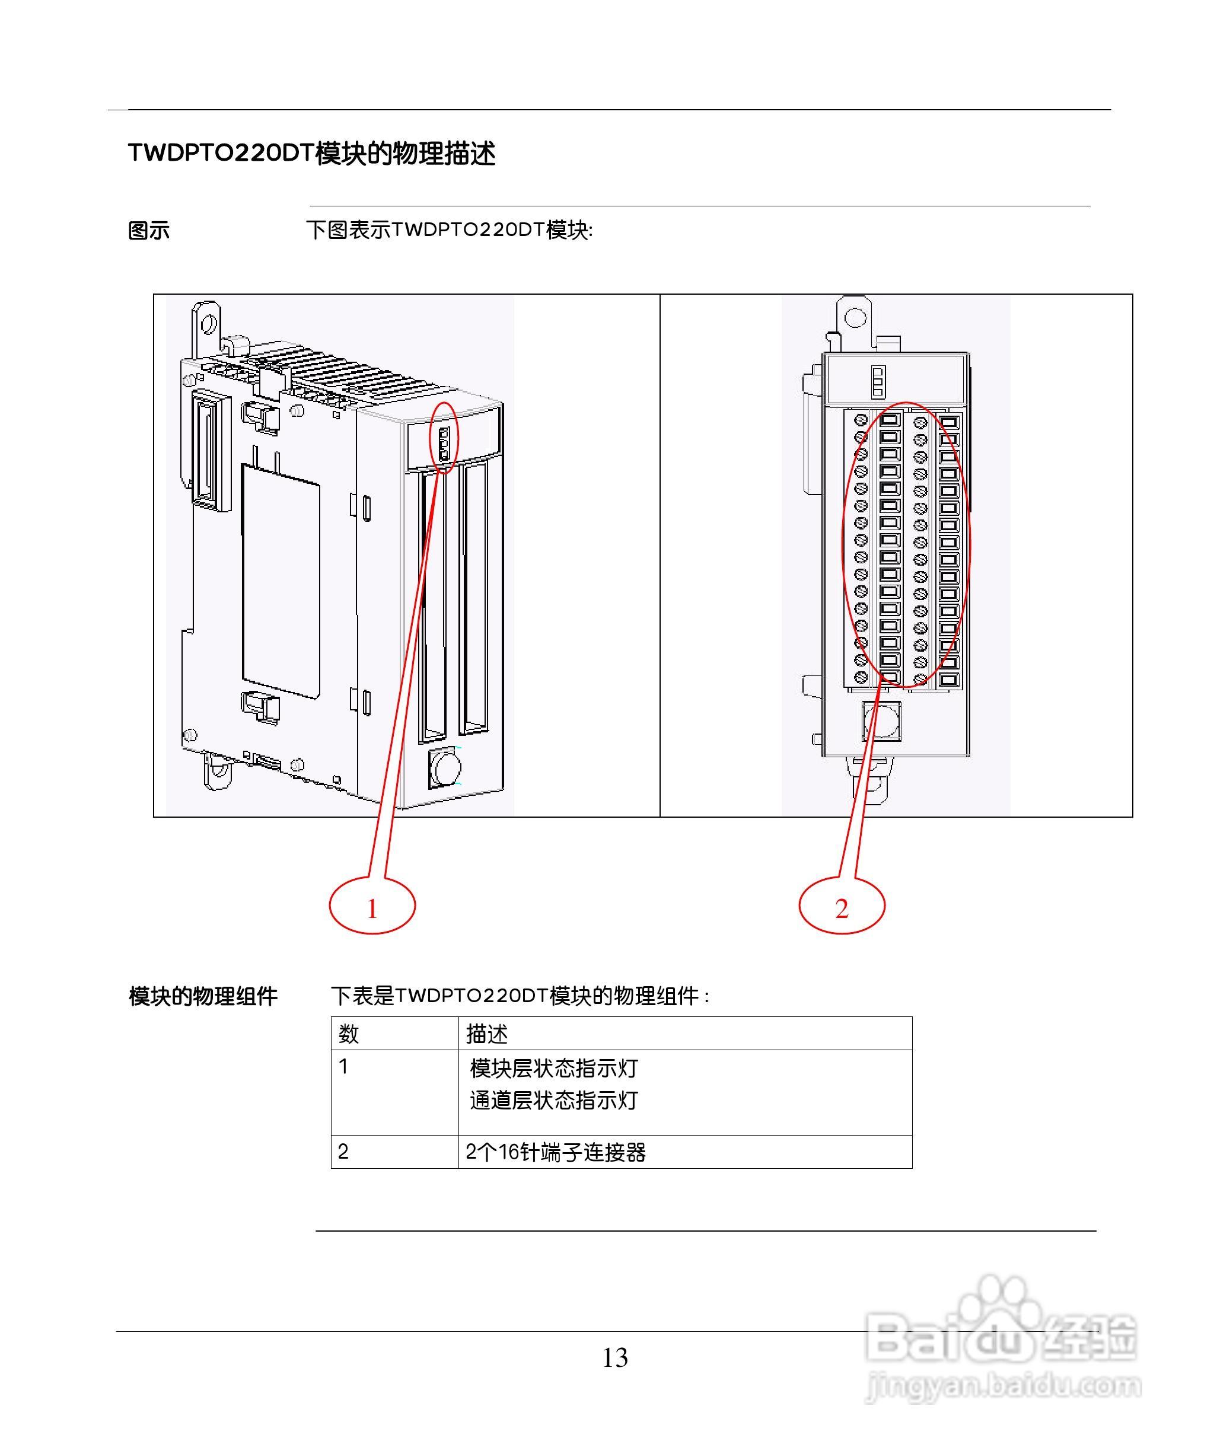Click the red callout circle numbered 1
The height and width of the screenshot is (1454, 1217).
point(372,906)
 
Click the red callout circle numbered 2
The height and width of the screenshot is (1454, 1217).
point(842,906)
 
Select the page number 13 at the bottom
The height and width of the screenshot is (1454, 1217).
point(614,1358)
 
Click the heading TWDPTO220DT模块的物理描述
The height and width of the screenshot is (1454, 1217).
point(312,153)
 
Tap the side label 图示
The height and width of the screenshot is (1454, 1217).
point(149,231)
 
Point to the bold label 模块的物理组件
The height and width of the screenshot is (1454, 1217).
point(203,996)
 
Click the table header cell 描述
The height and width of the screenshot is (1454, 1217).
point(487,1034)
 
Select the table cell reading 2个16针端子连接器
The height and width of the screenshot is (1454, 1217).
point(556,1152)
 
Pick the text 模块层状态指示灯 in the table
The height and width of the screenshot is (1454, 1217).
point(553,1069)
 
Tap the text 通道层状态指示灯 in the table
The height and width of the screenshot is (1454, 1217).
point(553,1100)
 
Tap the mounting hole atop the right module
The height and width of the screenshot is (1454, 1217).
point(855,317)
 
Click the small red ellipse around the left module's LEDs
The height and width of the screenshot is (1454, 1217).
point(445,438)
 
